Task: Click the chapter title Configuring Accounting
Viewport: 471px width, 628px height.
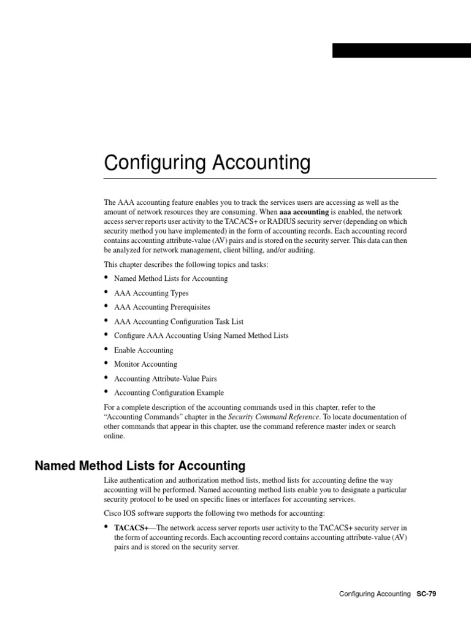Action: [207, 163]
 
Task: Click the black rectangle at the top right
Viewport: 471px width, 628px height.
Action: [401, 50]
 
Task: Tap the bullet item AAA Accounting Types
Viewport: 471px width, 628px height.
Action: [151, 293]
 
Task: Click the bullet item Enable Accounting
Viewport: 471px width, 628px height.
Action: [144, 350]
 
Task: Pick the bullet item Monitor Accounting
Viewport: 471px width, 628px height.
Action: [145, 364]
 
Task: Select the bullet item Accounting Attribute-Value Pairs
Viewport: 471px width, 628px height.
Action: [165, 378]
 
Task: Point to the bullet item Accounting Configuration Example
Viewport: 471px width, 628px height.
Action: [169, 392]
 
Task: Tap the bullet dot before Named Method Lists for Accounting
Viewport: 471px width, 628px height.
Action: [107, 278]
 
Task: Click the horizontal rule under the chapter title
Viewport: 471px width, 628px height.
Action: [270, 178]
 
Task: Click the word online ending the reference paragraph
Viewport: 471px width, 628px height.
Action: [115, 437]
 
